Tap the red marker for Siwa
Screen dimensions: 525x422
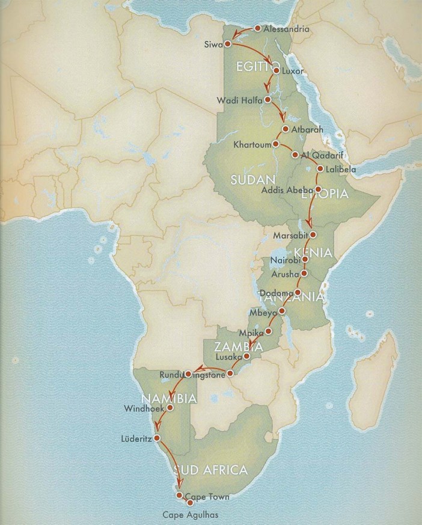[x=228, y=44]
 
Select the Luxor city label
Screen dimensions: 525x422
[x=293, y=71]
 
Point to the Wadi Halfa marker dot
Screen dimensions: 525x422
[x=268, y=100]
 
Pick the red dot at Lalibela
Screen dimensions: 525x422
[x=319, y=169]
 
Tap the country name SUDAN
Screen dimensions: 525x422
[x=252, y=180]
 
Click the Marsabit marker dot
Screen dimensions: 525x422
[x=312, y=235]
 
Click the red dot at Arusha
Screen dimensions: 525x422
[x=304, y=274]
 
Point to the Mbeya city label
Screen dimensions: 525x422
[x=263, y=313]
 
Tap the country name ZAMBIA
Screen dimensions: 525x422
[x=234, y=347]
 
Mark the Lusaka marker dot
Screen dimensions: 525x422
[x=246, y=356]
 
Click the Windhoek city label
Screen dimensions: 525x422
[x=143, y=408]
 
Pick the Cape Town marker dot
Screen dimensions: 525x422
[x=179, y=495]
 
